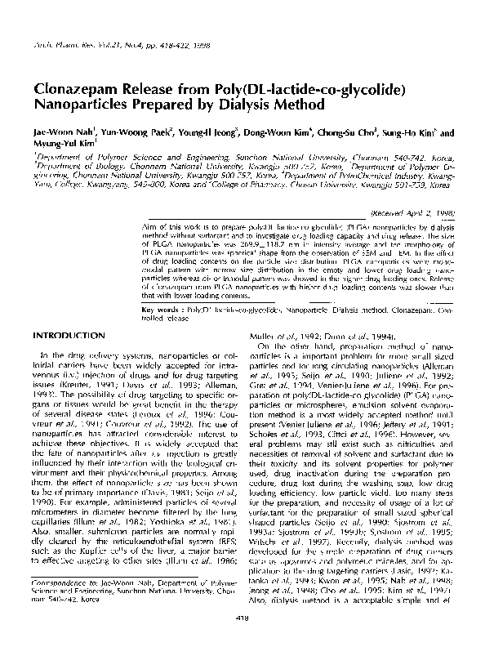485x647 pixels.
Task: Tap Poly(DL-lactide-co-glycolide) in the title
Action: point(291,90)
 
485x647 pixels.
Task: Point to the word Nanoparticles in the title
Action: point(84,106)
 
